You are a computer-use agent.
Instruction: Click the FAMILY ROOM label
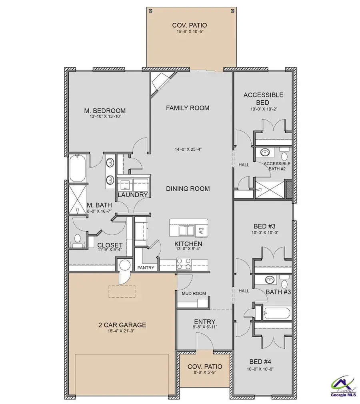tap(188, 108)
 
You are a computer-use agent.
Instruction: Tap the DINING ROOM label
tap(188, 189)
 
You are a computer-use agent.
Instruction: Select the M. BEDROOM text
tap(105, 111)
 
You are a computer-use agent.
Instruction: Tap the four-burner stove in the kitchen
tap(184, 264)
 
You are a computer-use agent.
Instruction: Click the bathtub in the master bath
tap(78, 168)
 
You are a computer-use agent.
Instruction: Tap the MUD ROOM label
tap(194, 294)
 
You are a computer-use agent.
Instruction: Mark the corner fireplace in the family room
tap(159, 83)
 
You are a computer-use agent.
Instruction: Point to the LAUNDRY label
tap(133, 195)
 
